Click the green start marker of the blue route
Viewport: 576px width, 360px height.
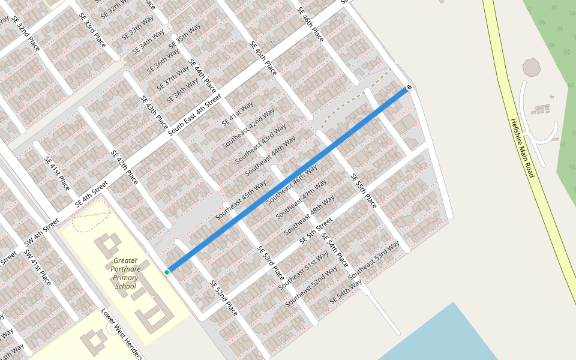[x=167, y=272]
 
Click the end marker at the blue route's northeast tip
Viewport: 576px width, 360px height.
[x=409, y=88]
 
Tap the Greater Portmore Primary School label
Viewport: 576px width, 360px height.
[x=125, y=273]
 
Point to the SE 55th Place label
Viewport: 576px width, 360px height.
[x=364, y=191]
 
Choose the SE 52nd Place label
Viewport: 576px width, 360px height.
[x=224, y=298]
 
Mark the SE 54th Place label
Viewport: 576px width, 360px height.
[x=334, y=250]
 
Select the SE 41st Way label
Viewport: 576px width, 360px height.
[x=238, y=114]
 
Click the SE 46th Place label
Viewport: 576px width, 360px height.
[x=310, y=25]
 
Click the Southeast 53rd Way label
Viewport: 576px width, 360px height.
[x=374, y=260]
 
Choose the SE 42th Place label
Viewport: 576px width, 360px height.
[x=124, y=167]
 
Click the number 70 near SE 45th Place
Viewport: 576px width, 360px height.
[x=272, y=44]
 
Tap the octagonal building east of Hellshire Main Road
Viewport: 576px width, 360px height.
[x=532, y=67]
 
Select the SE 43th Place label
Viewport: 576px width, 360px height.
[x=154, y=112]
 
